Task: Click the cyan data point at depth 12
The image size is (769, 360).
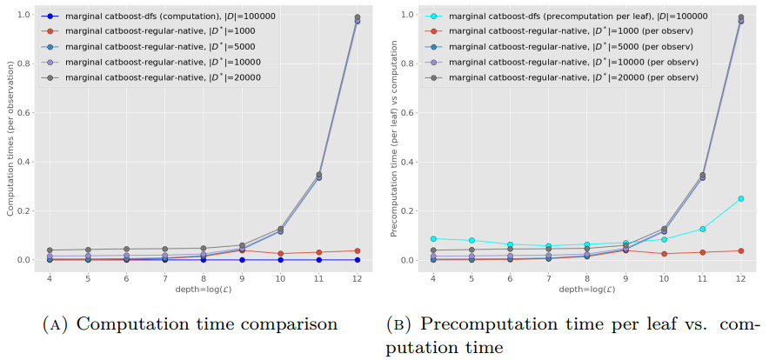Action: (x=740, y=198)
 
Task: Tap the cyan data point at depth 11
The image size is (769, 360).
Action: (x=702, y=229)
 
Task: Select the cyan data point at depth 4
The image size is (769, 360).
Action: (x=433, y=238)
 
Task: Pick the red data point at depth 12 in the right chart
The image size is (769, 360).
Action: (x=740, y=250)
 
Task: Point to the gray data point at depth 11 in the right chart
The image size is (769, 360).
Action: (x=702, y=175)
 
